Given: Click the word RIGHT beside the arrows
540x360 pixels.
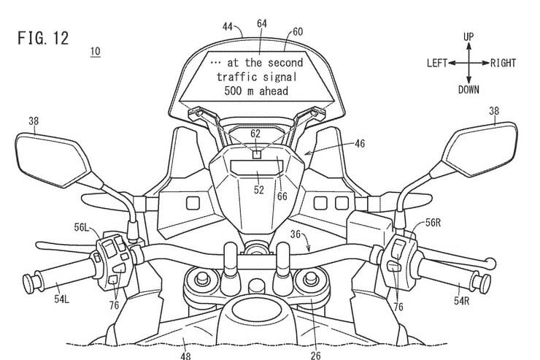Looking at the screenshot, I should click(504, 63).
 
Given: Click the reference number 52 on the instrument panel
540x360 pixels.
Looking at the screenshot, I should click(258, 189).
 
